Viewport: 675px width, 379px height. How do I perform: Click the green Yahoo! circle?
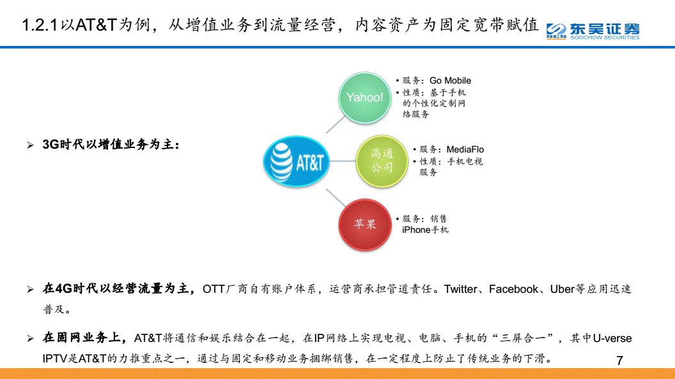click(x=364, y=98)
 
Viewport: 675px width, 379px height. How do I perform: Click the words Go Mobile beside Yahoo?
click(x=450, y=80)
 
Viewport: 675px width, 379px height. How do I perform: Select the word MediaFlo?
click(x=465, y=149)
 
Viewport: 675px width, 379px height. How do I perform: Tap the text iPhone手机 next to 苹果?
click(x=425, y=230)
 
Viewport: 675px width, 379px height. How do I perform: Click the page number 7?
click(x=619, y=360)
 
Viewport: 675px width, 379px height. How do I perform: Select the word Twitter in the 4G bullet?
click(x=460, y=289)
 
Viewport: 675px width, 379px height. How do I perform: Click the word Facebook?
click(x=513, y=289)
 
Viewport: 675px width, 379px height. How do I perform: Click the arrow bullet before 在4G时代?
click(x=30, y=290)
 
